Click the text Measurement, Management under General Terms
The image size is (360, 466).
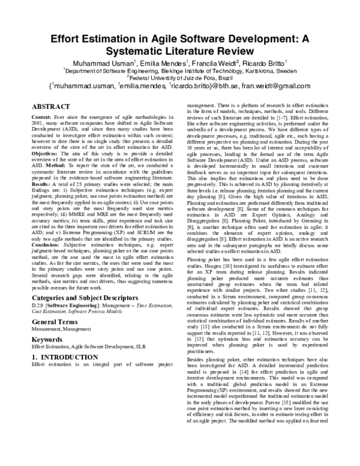point(58,330)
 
